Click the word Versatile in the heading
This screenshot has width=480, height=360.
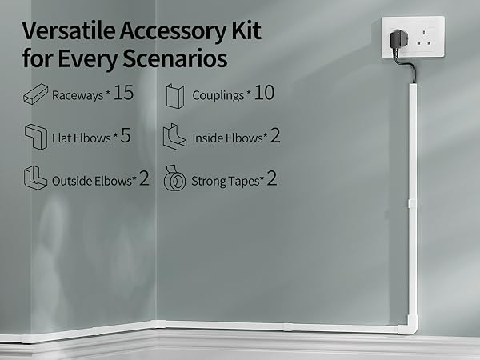[69, 31]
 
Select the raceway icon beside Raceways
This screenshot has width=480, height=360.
[36, 94]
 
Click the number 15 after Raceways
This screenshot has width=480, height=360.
[123, 93]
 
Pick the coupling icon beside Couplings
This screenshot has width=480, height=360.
[175, 96]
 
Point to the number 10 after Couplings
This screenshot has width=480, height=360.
[264, 93]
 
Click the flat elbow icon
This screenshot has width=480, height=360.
[36, 137]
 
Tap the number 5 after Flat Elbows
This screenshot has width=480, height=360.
[126, 135]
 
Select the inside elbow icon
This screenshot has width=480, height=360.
[174, 137]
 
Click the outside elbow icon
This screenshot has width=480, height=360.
[35, 178]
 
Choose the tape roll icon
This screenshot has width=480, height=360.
[174, 178]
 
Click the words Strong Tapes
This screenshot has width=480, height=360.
[226, 181]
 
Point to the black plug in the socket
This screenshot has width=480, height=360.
[398, 40]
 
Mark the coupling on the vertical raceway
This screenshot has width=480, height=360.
[412, 204]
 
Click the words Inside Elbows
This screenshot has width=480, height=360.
[227, 138]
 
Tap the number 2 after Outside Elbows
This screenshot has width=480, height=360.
[144, 178]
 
